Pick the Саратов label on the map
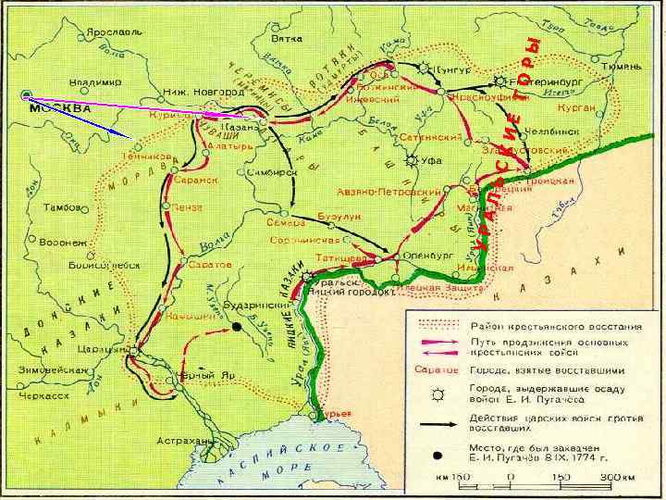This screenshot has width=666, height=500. click(211, 264)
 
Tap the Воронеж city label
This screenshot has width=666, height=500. click(64, 242)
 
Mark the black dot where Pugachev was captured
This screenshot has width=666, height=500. click(237, 327)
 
